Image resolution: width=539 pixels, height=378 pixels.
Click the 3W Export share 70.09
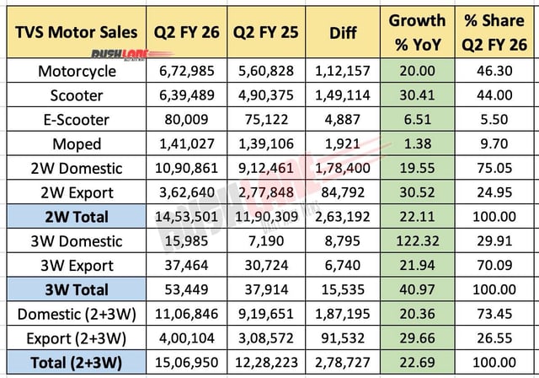pos(499,266)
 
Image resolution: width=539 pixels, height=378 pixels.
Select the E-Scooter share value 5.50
pos(499,120)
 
